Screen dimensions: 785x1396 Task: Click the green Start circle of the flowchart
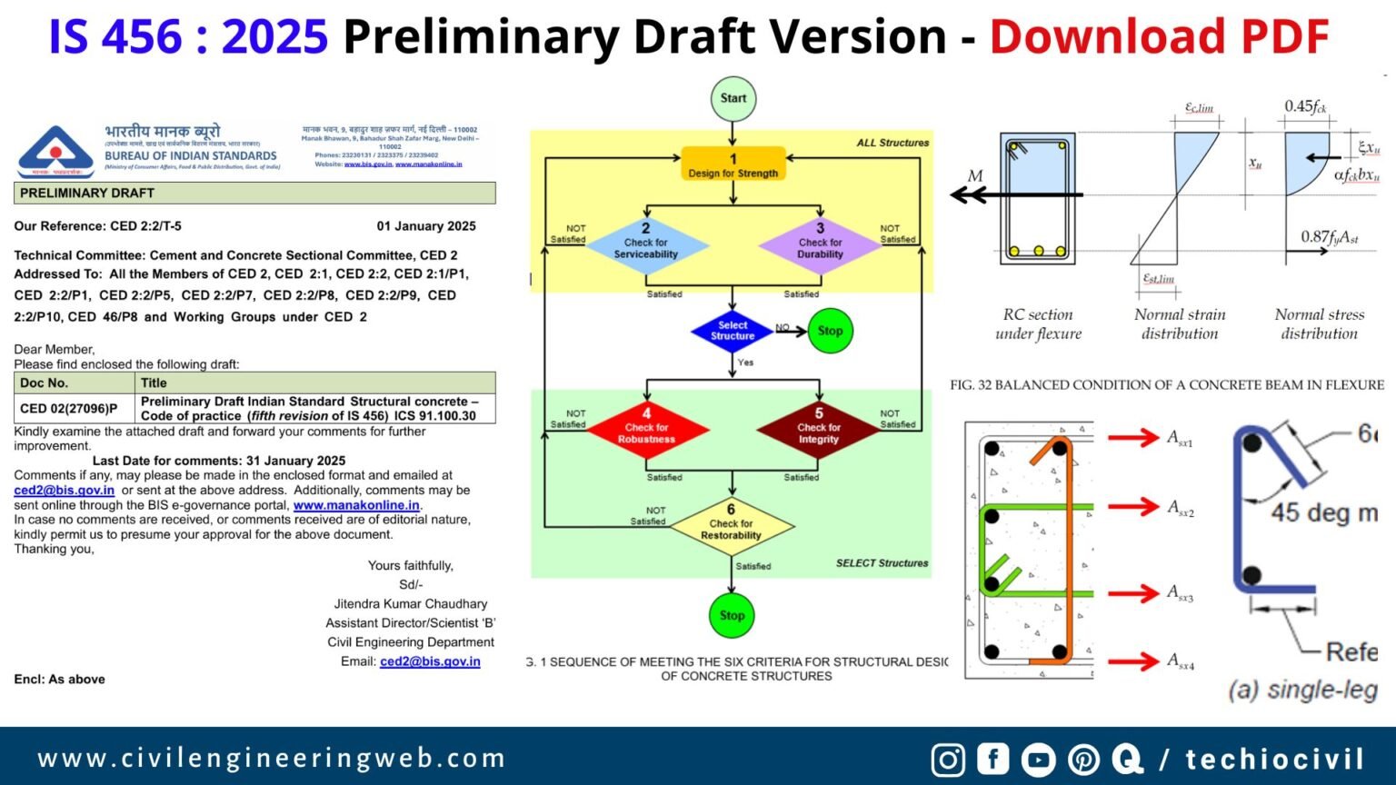click(x=733, y=98)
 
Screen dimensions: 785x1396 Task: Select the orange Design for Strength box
click(x=733, y=164)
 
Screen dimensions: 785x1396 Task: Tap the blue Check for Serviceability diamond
click(x=645, y=247)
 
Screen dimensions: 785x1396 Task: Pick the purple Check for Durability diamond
click(x=820, y=247)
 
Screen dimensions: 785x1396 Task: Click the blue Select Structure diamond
click(x=733, y=331)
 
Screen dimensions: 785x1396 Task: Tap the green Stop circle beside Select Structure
click(x=830, y=331)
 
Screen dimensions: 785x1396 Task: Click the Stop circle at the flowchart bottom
click(x=732, y=615)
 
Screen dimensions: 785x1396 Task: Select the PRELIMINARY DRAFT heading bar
click(x=254, y=193)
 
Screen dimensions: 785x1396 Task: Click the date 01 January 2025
click(x=426, y=226)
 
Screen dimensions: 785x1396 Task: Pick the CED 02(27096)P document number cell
click(x=74, y=408)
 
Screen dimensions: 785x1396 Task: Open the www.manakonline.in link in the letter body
click(x=356, y=505)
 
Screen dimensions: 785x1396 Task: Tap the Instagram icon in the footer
click(x=948, y=760)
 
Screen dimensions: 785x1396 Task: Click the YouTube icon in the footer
click(x=1037, y=760)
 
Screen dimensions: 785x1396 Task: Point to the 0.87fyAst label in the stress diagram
click(x=1329, y=237)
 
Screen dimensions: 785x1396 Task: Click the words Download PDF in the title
click(x=1159, y=37)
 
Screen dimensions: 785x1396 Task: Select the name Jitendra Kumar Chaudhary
click(x=411, y=603)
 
